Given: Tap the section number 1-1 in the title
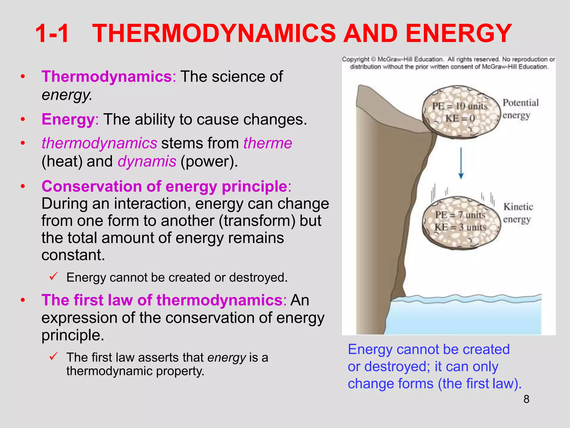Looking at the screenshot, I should [x=52, y=33].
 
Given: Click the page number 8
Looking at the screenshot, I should [x=526, y=399].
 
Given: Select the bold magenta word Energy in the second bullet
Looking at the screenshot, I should [x=68, y=119].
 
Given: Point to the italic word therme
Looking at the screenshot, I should [x=267, y=143].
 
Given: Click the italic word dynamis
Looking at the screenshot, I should [x=147, y=161].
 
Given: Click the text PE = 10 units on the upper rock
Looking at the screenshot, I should [x=460, y=106].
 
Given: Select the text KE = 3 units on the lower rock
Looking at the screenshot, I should [x=460, y=227].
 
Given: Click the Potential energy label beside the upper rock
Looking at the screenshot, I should [x=520, y=109].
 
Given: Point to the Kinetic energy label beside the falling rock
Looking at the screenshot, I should [x=518, y=213].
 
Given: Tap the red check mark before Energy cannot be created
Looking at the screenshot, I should [x=53, y=276].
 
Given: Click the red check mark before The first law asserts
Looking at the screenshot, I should [x=53, y=356].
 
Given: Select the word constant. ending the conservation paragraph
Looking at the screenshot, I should [x=73, y=255].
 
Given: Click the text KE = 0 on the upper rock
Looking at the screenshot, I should [x=460, y=118].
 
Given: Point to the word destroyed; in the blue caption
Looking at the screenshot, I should [x=397, y=367].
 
